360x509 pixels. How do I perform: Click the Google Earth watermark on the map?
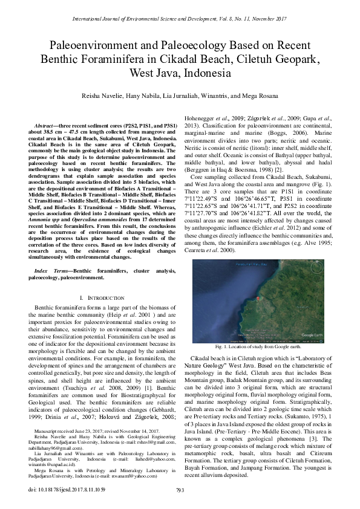click(x=314, y=334)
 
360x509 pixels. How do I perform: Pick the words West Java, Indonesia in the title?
click(x=180, y=73)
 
